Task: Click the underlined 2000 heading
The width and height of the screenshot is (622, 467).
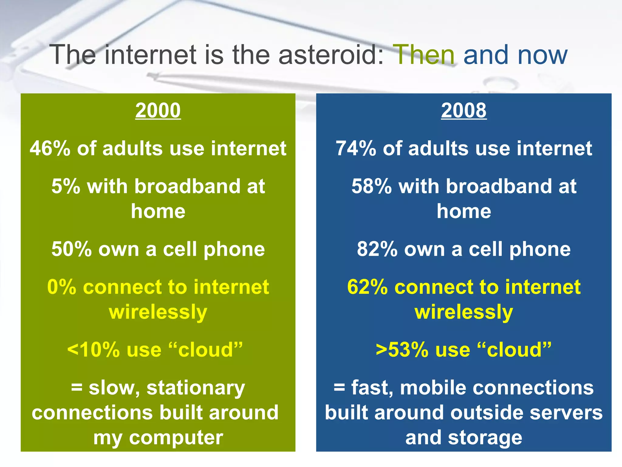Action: pos(158,110)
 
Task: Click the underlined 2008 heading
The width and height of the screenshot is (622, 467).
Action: pos(464,110)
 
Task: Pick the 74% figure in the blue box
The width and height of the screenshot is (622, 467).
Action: pos(356,149)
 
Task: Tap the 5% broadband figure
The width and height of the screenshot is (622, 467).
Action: pos(66,186)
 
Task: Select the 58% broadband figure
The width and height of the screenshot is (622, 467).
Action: pos(371,186)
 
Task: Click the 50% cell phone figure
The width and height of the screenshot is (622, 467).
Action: pos(71,249)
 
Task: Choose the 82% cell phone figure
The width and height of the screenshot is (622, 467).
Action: pos(377,249)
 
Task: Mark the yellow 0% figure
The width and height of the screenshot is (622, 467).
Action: pos(61,287)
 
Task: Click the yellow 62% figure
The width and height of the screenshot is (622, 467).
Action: pos(367,287)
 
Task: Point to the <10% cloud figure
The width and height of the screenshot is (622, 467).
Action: pos(94,350)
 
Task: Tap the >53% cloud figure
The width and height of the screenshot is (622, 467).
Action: pos(402,350)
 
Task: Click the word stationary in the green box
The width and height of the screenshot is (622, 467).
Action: pos(196,388)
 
